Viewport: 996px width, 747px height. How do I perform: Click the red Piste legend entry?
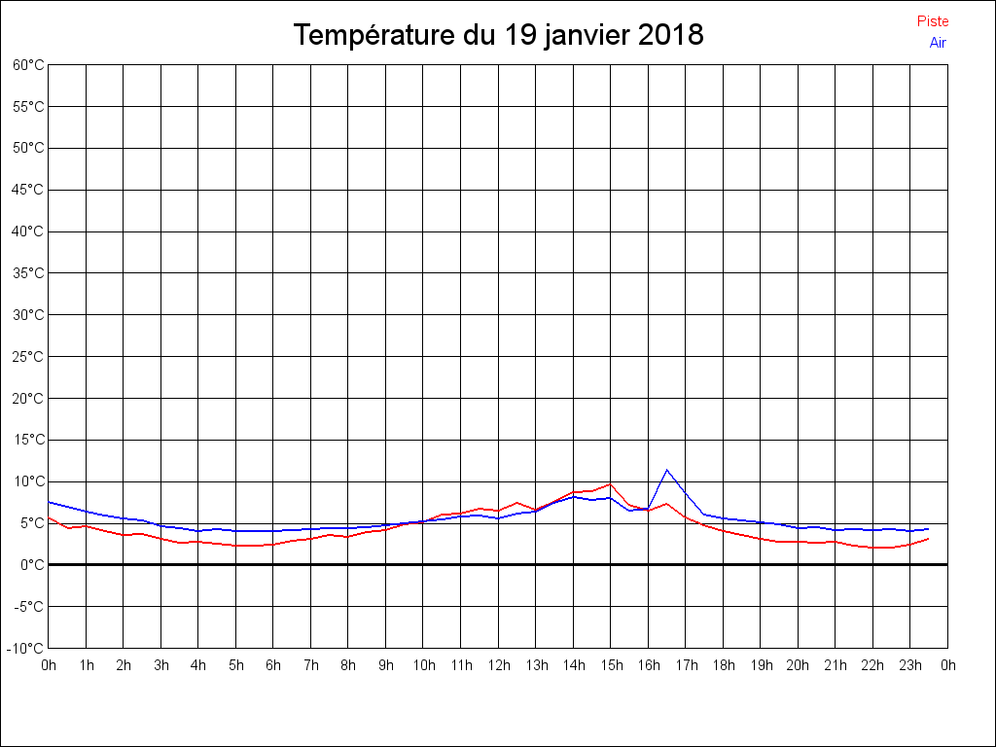coord(933,21)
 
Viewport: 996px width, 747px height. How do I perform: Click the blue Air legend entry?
coord(938,42)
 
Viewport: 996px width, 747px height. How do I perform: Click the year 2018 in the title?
coord(671,35)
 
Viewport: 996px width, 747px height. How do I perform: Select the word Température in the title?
coord(372,35)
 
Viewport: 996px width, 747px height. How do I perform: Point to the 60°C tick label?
coord(28,65)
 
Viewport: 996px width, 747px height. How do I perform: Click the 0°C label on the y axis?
coord(32,564)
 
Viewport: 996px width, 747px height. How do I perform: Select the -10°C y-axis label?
coord(26,648)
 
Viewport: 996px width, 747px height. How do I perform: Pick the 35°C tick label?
coord(28,273)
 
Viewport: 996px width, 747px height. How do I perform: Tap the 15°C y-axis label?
coord(28,440)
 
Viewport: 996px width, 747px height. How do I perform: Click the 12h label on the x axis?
coord(499,665)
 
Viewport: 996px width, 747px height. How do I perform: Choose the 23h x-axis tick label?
coord(910,665)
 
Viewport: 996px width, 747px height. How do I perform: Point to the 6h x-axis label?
coord(273,665)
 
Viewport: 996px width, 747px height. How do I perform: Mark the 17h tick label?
coord(687,665)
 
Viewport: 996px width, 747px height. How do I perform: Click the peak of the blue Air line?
coord(667,470)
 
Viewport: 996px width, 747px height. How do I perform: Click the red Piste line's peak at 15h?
coord(611,483)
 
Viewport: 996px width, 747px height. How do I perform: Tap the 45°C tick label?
coord(28,190)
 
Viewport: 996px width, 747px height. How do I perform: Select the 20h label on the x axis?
coord(799,665)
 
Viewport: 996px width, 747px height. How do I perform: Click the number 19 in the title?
coord(518,35)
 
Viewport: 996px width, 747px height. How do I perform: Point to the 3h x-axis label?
coord(161,665)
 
